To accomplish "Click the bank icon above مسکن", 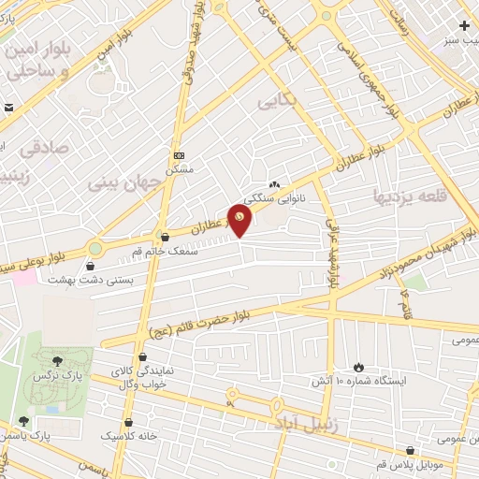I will coord(179,155).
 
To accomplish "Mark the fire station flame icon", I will coord(358,367).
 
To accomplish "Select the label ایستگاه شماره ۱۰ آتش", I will coord(358,382).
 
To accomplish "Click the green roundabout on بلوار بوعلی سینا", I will coord(95,248).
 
